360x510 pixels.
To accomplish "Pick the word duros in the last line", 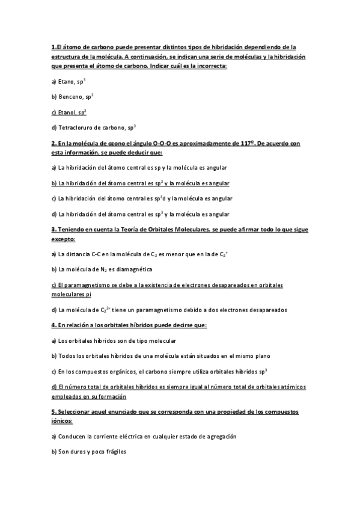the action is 78,452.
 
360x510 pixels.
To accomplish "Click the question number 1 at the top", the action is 53,47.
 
